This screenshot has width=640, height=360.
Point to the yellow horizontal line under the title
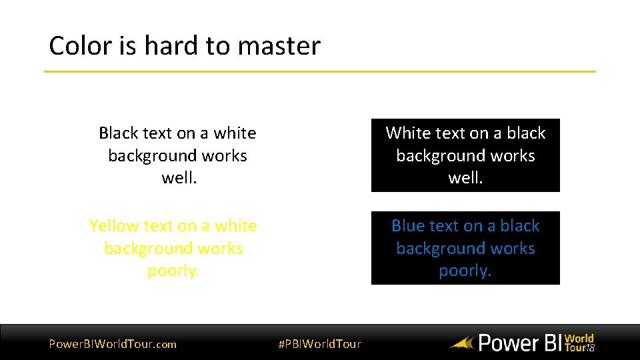[320, 71]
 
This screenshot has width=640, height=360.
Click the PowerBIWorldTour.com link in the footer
[113, 344]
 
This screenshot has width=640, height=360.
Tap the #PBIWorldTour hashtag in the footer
[319, 344]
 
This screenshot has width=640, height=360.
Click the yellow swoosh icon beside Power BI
[461, 344]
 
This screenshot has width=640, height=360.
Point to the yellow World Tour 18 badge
[579, 343]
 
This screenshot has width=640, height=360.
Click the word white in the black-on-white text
[235, 133]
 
